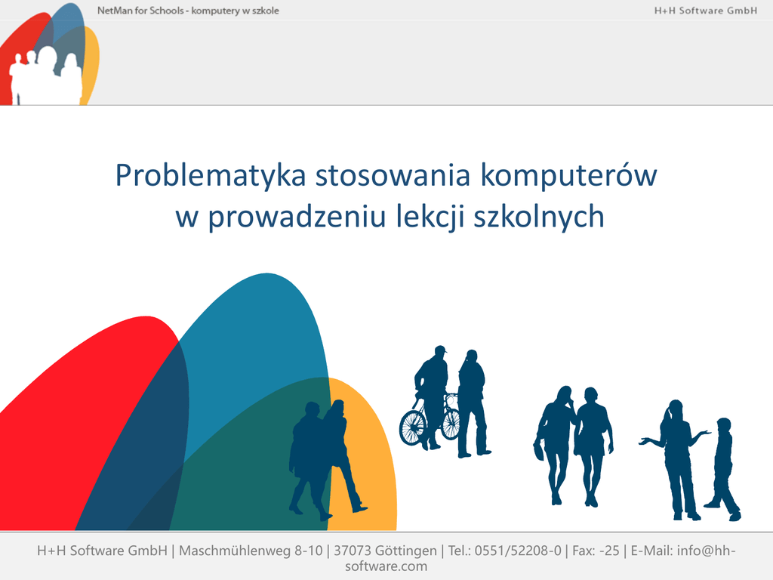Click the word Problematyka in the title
211,176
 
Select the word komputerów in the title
569,175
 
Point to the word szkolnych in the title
539,217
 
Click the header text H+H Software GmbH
706,11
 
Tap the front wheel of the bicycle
412,428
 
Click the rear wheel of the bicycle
451,423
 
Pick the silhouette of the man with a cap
431,397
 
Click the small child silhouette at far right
722,469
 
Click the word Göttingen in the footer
405,551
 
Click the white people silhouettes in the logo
46,76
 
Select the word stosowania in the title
393,175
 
